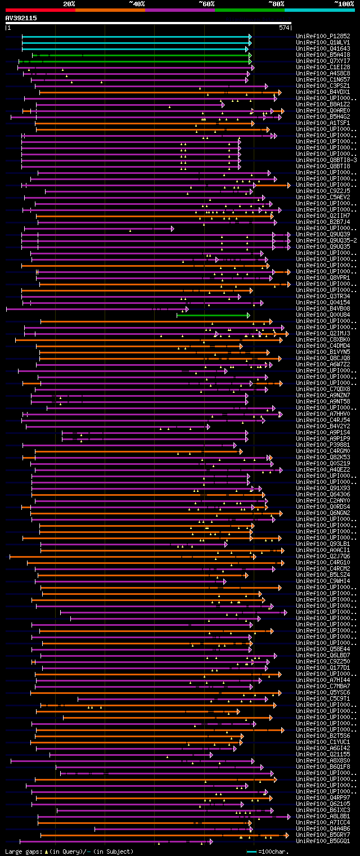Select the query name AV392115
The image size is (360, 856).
pos(21,18)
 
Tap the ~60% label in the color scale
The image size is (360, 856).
pos(206,4)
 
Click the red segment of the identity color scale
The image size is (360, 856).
pos(40,10)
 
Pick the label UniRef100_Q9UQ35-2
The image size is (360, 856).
pos(325,240)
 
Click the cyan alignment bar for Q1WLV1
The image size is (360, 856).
pos(135,42)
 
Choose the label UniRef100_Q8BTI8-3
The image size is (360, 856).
pos(325,160)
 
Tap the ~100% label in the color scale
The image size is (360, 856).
pos(343,4)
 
